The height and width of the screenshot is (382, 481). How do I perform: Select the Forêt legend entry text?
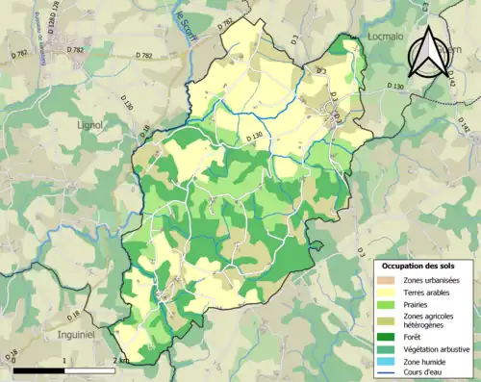(x=415, y=337)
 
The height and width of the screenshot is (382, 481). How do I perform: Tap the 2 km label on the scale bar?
(x=121, y=361)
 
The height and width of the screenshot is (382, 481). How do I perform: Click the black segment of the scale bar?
(x=38, y=369)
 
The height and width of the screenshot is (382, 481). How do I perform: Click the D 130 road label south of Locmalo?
(x=396, y=87)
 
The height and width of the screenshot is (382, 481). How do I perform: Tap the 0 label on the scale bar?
(x=13, y=361)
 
